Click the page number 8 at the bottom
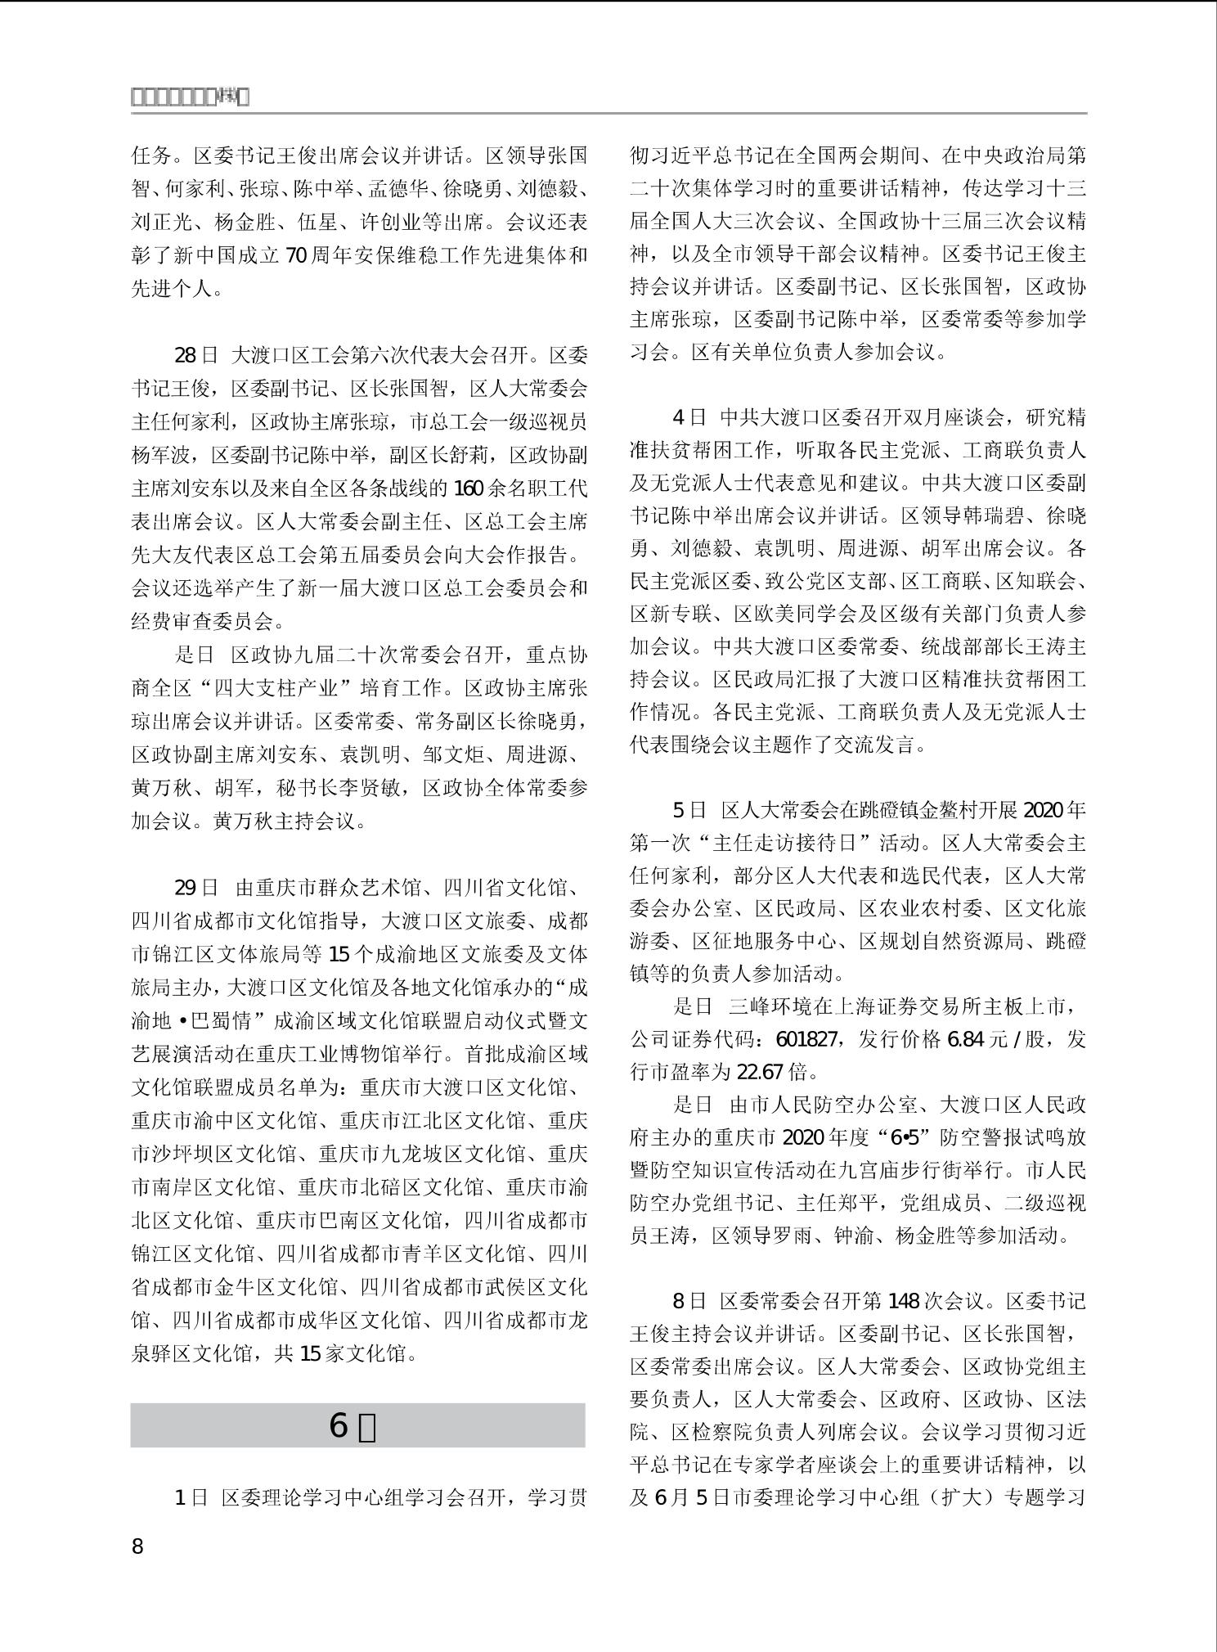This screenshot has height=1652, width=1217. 137,1546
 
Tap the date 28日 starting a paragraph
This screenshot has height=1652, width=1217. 196,355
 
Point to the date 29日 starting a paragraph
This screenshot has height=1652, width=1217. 196,888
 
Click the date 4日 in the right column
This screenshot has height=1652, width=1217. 689,417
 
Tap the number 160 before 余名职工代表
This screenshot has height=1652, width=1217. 469,488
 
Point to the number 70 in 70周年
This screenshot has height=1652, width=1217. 295,255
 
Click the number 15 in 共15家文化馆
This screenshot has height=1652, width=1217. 310,1353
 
